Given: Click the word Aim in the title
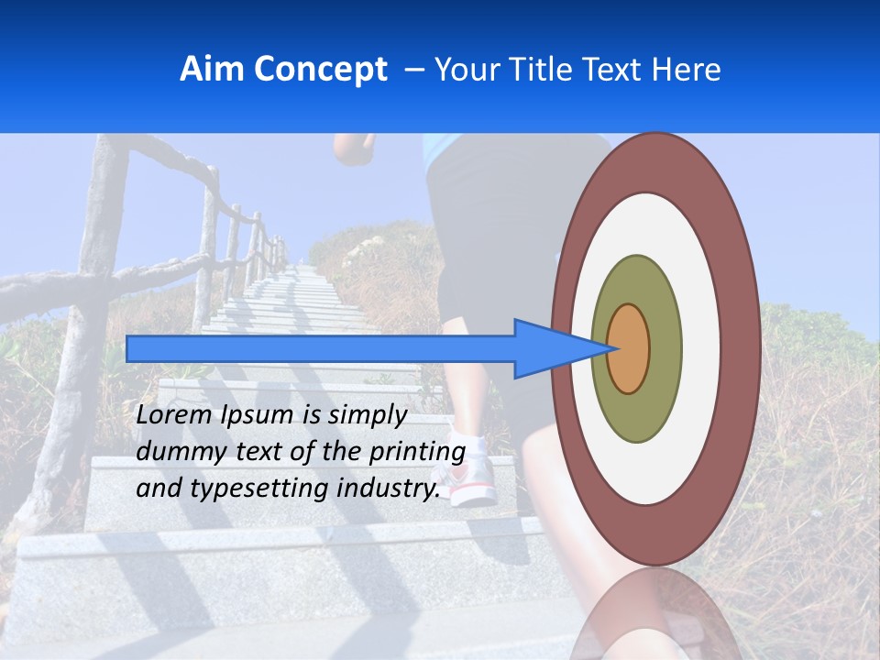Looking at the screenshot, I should point(213,70).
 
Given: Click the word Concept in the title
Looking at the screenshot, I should point(320,70).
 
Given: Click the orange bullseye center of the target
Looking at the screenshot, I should point(629,348).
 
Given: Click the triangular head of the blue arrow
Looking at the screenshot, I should point(550,348).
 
